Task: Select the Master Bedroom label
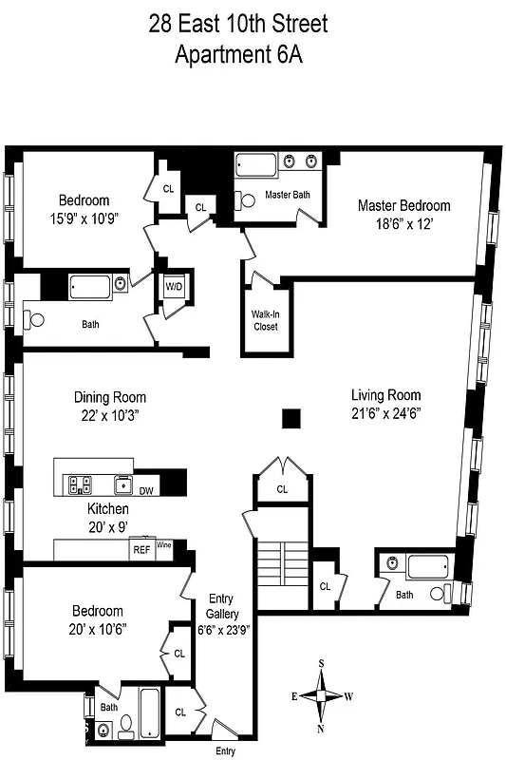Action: tap(403, 205)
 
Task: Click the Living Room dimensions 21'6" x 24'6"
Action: tap(385, 413)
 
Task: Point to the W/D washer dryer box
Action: tap(174, 286)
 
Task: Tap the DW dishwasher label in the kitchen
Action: tap(146, 490)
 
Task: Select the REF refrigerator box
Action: tap(141, 549)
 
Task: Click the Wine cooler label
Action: tap(164, 545)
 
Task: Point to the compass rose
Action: tap(323, 695)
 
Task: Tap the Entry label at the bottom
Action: tap(226, 750)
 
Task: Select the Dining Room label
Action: tap(110, 397)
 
